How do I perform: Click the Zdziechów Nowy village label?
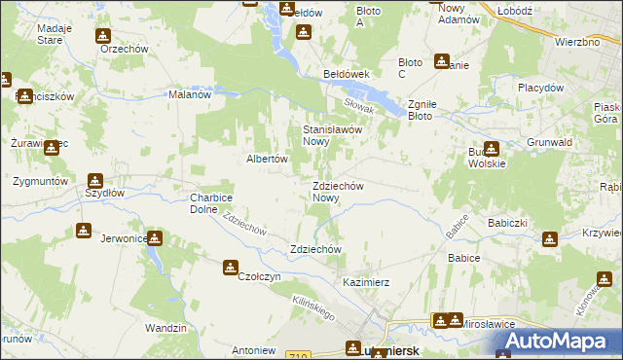(x=338, y=192)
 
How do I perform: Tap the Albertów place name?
(x=264, y=159)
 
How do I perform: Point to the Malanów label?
(x=190, y=94)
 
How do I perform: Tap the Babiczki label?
(x=507, y=223)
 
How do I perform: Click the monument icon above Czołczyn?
(x=231, y=266)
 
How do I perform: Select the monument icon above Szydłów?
(x=94, y=180)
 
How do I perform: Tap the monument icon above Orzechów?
(x=102, y=36)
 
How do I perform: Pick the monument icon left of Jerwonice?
(x=83, y=232)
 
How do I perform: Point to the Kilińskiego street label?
(x=313, y=308)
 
